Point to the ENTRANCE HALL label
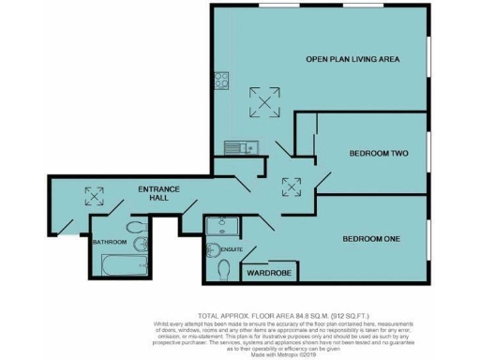click(158, 195)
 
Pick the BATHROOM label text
click(109, 242)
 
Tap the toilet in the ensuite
click(222, 270)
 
